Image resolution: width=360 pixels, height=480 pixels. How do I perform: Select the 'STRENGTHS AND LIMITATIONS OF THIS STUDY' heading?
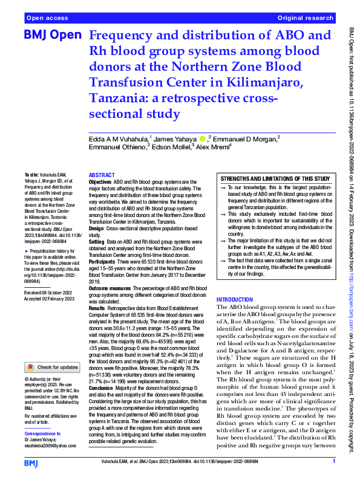(x=275, y=179)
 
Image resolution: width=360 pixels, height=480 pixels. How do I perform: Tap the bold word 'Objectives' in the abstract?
(x=101, y=182)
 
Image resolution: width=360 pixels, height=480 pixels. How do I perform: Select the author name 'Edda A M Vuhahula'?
(x=119, y=140)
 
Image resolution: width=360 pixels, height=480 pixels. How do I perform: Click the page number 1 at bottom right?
(x=333, y=462)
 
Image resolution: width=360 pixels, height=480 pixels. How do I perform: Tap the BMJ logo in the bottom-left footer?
(x=31, y=462)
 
